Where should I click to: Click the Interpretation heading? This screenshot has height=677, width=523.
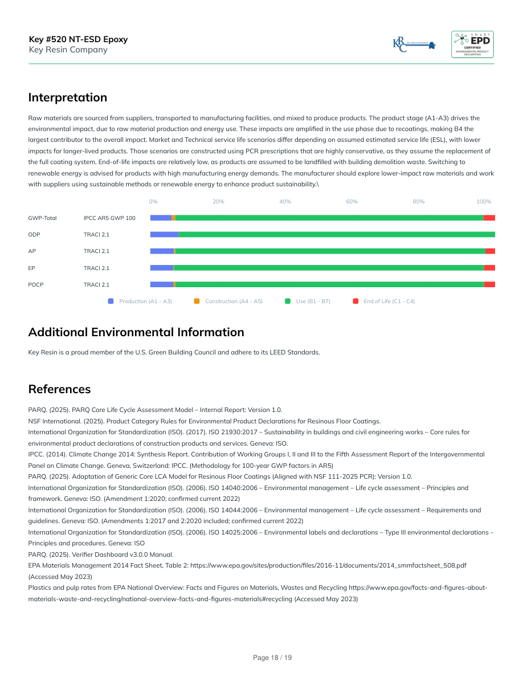pos(68,97)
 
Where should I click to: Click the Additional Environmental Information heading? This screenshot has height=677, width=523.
pos(136,332)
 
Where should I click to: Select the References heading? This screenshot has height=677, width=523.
pos(59,389)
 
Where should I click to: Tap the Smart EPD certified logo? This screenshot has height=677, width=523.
pos(472,44)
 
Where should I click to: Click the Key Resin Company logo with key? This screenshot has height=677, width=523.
pos(414,44)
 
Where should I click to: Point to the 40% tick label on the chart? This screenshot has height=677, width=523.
pos(285,202)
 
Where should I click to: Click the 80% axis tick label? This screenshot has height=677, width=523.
pos(418,202)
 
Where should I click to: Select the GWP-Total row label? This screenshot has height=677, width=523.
pos(42,218)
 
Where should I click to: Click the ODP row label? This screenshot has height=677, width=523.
pos(34,235)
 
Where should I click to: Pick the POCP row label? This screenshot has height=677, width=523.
pos(36,285)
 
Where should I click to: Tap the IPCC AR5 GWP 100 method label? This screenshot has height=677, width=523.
pos(109,218)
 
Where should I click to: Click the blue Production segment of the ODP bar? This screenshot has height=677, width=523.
pos(164,235)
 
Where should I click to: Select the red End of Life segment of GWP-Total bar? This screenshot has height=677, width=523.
pos(489,218)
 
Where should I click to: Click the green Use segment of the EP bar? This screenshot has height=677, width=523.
pos(329,268)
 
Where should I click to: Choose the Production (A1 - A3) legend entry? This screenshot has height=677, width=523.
pos(145,301)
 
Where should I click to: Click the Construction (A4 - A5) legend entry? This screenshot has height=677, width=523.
pos(233,301)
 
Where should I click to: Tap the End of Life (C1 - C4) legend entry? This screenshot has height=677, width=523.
pos(389,301)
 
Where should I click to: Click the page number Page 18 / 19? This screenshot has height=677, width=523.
pos(272,658)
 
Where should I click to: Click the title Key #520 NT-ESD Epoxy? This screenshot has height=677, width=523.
pos(78,39)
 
